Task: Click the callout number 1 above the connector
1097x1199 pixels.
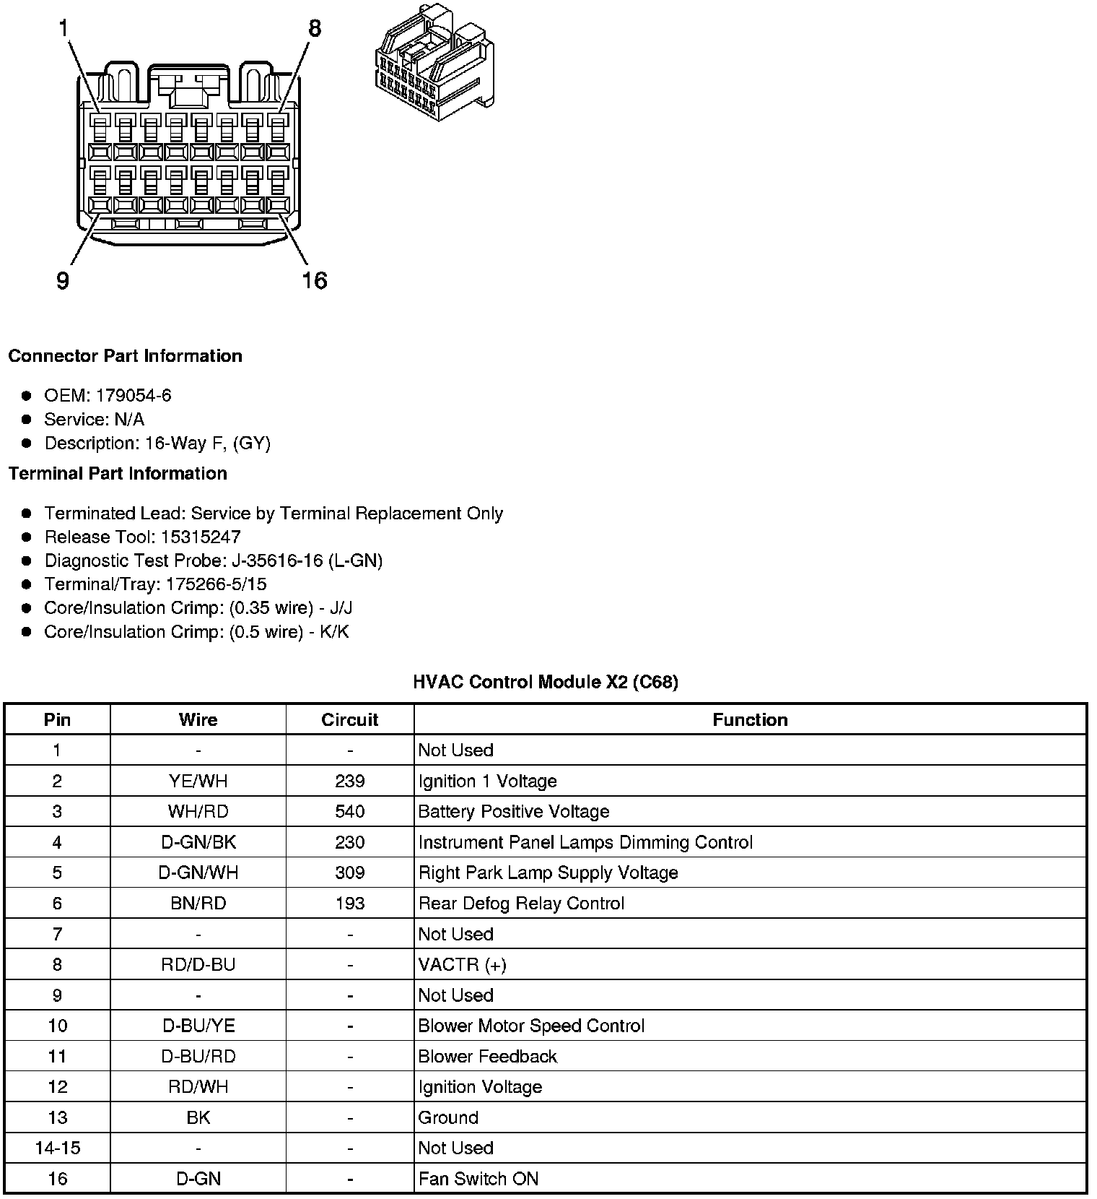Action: pyautogui.click(x=64, y=29)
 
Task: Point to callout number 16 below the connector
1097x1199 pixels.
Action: pyautogui.click(x=314, y=280)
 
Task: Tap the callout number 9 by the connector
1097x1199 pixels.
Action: pyautogui.click(x=63, y=280)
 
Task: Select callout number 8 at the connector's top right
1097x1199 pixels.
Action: pyautogui.click(x=315, y=29)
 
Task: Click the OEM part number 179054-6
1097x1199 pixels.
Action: pyautogui.click(x=134, y=395)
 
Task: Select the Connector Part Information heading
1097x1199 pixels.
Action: pyautogui.click(x=125, y=356)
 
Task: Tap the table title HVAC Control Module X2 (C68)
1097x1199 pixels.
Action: pyautogui.click(x=546, y=682)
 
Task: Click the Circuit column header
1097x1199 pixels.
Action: pyautogui.click(x=350, y=719)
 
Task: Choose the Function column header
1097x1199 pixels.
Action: pyautogui.click(x=750, y=719)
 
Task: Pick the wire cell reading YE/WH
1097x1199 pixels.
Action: pyautogui.click(x=198, y=781)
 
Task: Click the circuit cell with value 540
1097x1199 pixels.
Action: pyautogui.click(x=350, y=811)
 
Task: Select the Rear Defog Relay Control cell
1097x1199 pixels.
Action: pyautogui.click(x=521, y=903)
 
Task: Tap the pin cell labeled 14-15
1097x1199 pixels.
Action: pyautogui.click(x=57, y=1148)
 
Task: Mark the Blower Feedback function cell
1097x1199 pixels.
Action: pyautogui.click(x=488, y=1056)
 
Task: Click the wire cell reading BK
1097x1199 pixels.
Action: pyautogui.click(x=198, y=1117)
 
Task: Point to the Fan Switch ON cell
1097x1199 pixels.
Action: pyautogui.click(x=478, y=1179)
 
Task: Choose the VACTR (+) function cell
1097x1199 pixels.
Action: pyautogui.click(x=463, y=964)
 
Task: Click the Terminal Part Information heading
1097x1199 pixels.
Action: pyautogui.click(x=118, y=474)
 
